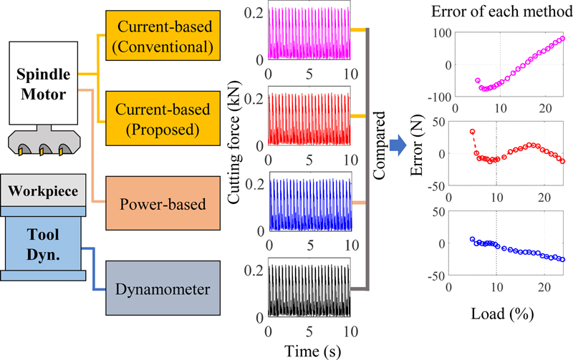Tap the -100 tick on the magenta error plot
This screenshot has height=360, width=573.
coord(431,96)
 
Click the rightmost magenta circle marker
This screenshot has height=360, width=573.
coord(562,39)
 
